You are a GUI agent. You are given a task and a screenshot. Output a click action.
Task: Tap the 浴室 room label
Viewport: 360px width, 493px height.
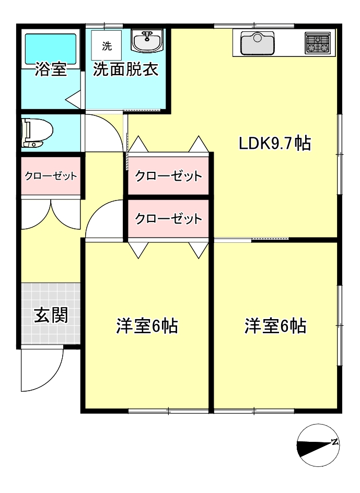coord(51,71)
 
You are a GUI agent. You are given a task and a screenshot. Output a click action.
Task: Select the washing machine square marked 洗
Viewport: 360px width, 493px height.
coord(107,45)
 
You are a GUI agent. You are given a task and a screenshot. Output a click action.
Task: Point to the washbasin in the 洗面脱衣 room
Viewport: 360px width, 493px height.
coord(146,40)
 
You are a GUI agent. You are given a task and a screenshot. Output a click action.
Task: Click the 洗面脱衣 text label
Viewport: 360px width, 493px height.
coord(125,71)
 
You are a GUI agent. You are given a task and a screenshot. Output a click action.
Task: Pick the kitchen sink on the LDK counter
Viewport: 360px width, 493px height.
coord(258,43)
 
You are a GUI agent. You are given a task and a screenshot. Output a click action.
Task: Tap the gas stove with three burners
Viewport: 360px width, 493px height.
coord(318,43)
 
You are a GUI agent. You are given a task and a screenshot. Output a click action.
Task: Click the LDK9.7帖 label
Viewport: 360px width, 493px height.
coord(274,143)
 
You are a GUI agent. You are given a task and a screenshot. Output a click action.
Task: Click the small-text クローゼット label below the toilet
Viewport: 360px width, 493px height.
coord(51,176)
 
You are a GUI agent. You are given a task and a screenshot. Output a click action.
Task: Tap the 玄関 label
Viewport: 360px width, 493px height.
coord(51,315)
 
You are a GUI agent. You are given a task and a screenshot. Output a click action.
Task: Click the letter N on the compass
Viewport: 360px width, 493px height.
coord(334,442)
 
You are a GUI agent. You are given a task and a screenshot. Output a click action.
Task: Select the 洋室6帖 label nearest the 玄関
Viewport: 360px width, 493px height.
coord(147,326)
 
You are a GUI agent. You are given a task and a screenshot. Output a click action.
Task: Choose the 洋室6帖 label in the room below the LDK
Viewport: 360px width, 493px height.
coord(275,326)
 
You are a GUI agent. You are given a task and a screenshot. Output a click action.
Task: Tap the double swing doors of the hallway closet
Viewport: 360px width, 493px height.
coord(51,213)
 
